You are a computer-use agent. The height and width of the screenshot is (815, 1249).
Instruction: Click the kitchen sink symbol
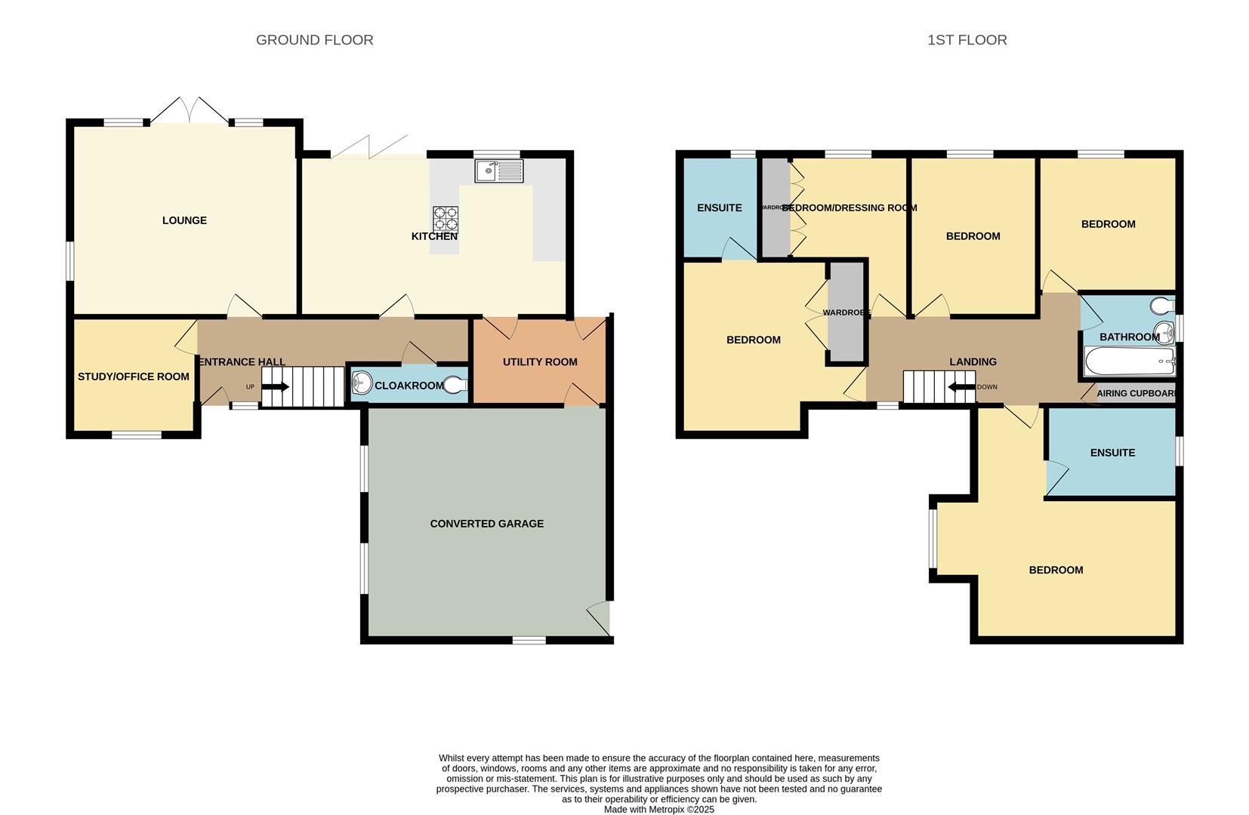point(498,171)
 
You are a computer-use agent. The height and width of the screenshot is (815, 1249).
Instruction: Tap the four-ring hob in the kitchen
point(445,219)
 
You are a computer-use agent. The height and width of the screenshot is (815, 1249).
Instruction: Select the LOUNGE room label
point(184,220)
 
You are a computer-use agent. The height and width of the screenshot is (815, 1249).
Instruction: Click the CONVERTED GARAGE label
point(486,524)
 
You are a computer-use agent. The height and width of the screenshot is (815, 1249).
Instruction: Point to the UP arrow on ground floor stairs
point(276,387)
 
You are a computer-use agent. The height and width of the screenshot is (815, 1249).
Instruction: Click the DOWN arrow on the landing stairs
point(961,387)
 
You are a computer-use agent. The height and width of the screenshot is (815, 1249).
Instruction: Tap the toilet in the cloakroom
point(455,385)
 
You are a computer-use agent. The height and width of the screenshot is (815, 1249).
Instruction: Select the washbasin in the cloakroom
point(362,384)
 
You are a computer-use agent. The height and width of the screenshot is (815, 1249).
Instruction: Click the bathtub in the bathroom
point(1129,361)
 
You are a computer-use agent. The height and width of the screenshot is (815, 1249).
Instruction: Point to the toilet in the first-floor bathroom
point(1162,306)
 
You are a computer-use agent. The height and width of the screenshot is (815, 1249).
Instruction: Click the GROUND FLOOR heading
point(314,40)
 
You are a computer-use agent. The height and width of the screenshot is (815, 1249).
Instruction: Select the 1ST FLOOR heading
point(967,40)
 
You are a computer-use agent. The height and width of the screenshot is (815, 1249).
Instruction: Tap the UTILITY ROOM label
point(540,362)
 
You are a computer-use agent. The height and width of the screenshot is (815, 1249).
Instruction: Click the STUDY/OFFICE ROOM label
point(133,377)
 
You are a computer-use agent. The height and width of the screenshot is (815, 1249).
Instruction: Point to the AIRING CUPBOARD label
point(1136,394)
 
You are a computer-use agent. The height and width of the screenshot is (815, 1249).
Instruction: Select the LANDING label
point(973,362)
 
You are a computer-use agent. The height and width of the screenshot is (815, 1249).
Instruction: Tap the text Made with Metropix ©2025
point(658,810)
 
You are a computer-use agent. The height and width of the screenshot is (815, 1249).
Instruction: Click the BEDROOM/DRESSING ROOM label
point(849,208)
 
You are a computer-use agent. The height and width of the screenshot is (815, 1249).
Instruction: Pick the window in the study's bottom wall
point(137,435)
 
